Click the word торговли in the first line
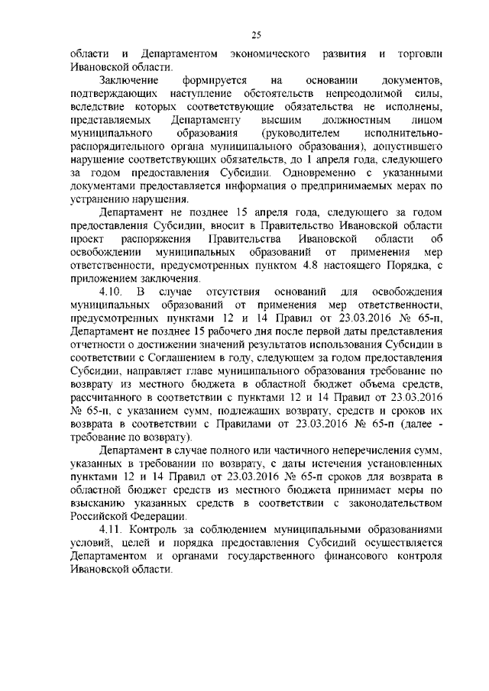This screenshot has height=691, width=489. point(419,55)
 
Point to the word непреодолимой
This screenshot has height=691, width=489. point(351,94)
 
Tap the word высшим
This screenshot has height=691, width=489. point(282,121)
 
